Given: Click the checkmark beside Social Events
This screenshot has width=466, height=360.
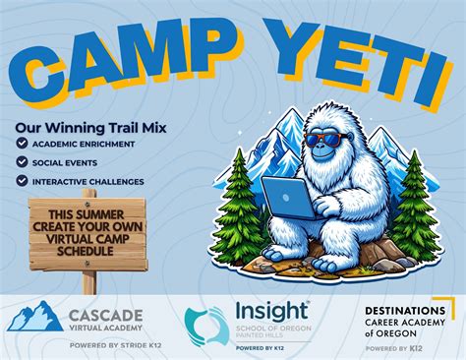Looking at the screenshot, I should (23, 163).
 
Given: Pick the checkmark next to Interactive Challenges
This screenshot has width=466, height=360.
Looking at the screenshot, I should (23, 181).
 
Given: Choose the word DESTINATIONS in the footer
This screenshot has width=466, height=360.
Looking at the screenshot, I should (403, 311).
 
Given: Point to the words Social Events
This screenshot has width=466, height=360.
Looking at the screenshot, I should (71, 163).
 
